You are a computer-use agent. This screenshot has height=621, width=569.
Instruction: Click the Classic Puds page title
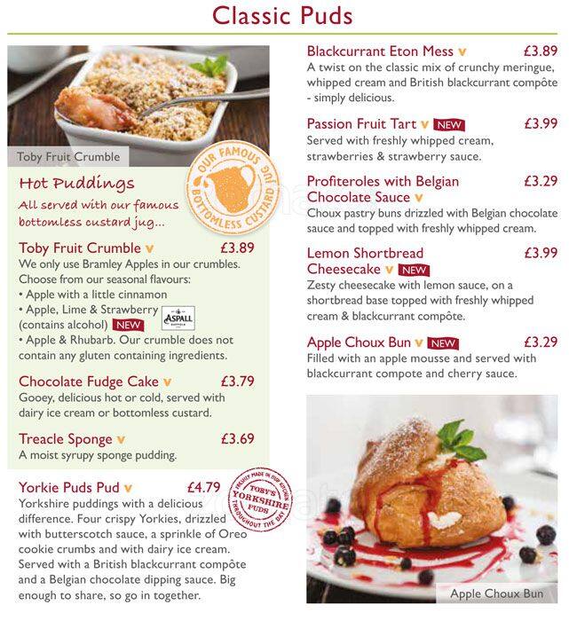pos(283,16)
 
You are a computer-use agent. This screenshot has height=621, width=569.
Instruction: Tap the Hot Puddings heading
pos(76,184)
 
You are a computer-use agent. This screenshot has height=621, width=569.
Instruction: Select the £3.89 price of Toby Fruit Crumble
pos(237,248)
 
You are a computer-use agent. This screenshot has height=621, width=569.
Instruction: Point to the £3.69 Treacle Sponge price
pos(237,439)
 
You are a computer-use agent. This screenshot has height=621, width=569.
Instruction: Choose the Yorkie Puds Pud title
pos(69,487)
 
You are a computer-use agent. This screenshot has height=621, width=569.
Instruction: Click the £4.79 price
pos(203,487)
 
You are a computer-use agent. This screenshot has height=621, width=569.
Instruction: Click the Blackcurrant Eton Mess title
pos(380,51)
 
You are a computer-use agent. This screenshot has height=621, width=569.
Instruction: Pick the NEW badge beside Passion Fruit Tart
pos(448,125)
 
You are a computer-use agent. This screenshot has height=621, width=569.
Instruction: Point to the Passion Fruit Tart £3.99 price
pos(540,124)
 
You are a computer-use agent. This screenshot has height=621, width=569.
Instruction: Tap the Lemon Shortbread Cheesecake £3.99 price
pos(540,253)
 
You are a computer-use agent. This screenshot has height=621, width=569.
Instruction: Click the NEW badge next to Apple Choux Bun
pos(442,343)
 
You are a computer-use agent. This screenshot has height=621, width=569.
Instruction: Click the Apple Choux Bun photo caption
pos(496,593)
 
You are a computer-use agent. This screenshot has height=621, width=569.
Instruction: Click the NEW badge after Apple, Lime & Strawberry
pos(129,325)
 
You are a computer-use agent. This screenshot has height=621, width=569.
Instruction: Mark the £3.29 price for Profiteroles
pos(540,181)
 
